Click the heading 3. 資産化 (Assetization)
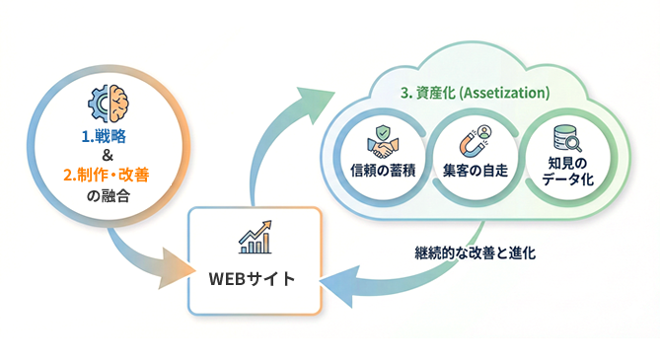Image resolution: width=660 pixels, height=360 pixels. tap(475, 94)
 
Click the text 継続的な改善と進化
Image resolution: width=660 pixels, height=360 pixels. tap(475, 251)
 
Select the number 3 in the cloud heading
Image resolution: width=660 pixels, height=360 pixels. tap(404, 94)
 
